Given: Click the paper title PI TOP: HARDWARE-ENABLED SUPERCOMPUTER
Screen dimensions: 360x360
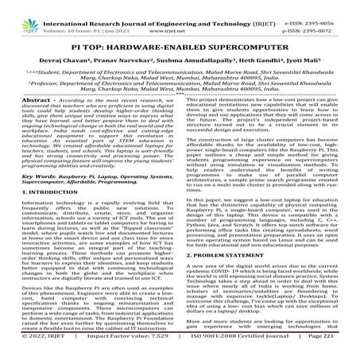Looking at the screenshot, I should (180, 39).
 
